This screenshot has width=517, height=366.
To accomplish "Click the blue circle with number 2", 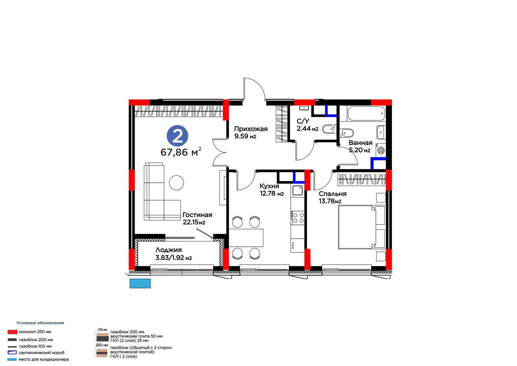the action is tap(177, 136).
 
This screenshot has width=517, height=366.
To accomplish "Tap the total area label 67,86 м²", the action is tap(181, 152).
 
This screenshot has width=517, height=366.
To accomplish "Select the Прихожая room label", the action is tap(251, 129).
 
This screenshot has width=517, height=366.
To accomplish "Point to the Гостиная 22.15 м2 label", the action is tap(197, 218).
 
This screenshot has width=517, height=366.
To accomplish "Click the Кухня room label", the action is tap(269, 186).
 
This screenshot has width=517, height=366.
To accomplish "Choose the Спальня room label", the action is tap(332, 194).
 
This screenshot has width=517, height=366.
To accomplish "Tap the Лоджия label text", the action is tap(168, 250).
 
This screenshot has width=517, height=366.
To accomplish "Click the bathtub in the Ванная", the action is tap(366, 113).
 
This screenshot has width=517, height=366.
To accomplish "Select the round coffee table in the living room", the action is tap(176, 183).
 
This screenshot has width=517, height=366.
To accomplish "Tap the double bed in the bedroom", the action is tap(362, 227).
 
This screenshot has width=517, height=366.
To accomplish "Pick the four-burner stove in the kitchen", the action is tap(298, 218).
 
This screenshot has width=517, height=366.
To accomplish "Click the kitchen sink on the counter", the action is tap(298, 191).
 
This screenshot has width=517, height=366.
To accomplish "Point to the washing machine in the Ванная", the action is tap(381, 150).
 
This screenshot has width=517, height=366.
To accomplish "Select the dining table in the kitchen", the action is tap(246, 238).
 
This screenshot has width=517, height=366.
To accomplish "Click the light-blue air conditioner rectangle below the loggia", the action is tap(140, 283).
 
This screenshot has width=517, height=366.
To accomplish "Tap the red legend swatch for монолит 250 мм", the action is tap(13, 332).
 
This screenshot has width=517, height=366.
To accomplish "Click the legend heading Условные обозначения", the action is tap(40, 323).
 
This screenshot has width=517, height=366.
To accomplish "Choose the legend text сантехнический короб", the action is tap(42, 353).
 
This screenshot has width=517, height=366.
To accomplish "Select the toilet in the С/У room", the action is tap(329, 129).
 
